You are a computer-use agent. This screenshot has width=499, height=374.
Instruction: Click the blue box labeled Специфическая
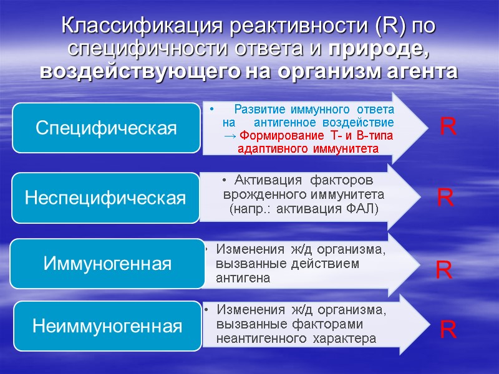tap(106, 128)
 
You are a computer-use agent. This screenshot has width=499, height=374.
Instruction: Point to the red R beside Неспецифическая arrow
tap(445, 199)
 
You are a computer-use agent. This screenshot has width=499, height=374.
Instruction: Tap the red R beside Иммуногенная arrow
tap(443, 271)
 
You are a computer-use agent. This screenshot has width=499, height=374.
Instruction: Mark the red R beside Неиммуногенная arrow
tap(448, 330)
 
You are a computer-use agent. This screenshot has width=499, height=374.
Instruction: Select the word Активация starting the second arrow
tap(261, 181)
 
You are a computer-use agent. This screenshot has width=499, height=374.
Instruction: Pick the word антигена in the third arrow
tap(243, 278)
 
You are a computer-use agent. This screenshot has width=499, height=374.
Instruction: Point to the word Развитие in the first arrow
tap(259, 109)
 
